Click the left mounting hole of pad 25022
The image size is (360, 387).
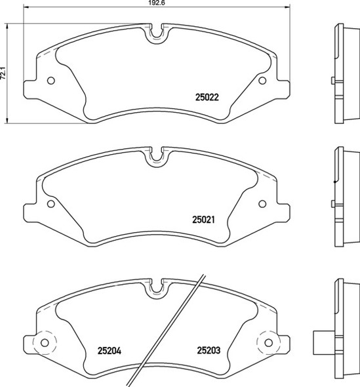pos(52,81)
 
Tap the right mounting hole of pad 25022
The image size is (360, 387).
pos(262,81)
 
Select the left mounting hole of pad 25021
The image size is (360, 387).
pos(52,203)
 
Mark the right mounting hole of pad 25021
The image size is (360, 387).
pos(262,203)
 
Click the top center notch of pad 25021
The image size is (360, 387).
pos(157,155)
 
